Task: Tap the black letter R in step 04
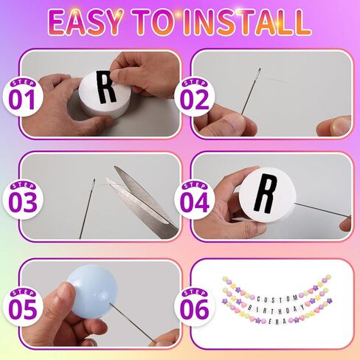[269, 190]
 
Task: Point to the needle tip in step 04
[347, 220]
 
